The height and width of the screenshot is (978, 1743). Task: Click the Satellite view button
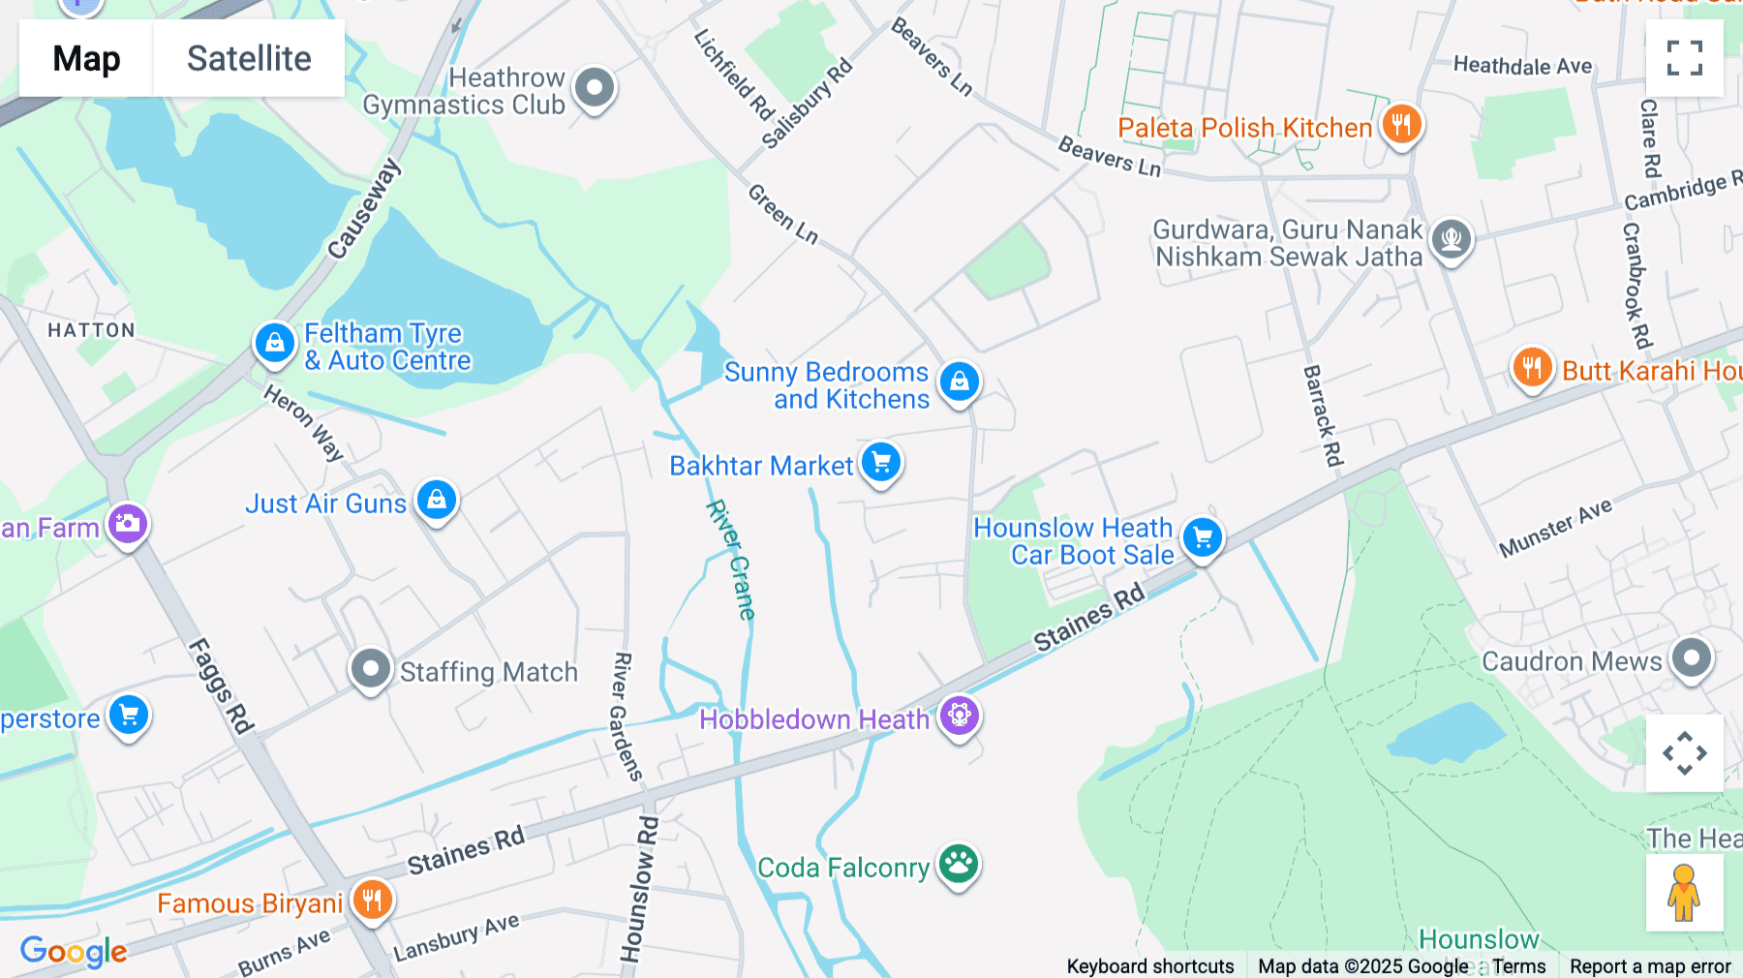[249, 58]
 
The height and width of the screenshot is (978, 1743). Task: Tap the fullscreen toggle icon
[1684, 58]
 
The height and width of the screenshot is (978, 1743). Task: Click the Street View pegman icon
[1684, 892]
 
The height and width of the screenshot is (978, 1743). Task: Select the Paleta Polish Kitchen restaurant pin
[1401, 125]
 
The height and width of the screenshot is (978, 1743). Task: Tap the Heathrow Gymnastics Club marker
[595, 88]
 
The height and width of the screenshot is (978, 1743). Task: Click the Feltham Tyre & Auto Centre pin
[275, 343]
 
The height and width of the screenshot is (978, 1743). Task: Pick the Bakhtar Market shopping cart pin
[881, 463]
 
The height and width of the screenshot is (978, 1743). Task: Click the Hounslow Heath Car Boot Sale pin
[1203, 537]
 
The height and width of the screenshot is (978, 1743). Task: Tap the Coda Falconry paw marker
[959, 863]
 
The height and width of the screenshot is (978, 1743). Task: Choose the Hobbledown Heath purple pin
[960, 717]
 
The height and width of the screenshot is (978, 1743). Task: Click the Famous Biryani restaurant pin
[372, 900]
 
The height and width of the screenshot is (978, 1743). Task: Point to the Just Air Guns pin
[437, 501]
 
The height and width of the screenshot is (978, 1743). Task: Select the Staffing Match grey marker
[371, 668]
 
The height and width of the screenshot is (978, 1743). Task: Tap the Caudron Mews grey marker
[1692, 659]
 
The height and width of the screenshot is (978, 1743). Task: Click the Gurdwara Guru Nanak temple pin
[1452, 238]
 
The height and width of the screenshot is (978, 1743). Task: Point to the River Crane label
[731, 560]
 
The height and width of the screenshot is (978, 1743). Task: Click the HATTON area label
[92, 330]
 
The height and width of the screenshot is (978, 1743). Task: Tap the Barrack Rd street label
[1323, 415]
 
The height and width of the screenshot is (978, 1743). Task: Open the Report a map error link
[1650, 966]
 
